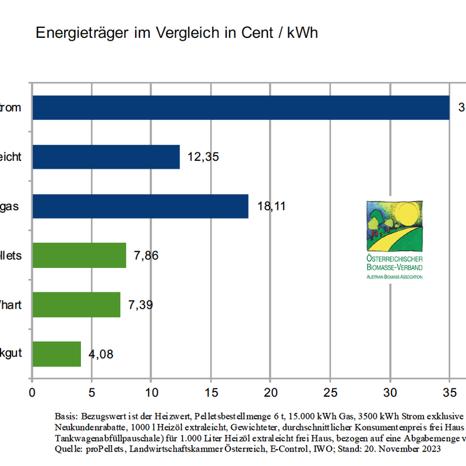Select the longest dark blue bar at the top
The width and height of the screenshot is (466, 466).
tap(241, 107)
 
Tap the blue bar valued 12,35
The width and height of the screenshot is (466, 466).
tap(106, 157)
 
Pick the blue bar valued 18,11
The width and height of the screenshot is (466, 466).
tap(140, 206)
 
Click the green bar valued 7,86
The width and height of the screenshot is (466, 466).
tap(79, 255)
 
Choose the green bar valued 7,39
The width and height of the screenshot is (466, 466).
tap(76, 305)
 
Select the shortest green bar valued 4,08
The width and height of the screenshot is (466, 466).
tap(57, 354)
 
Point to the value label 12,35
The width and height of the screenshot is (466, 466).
tap(203, 157)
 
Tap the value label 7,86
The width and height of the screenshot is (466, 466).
tap(146, 256)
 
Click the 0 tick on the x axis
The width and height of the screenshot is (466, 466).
tap(33, 391)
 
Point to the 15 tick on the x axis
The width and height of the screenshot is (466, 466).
tap(211, 391)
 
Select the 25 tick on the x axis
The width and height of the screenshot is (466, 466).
tap(330, 391)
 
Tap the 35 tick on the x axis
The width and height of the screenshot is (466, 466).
tap(449, 391)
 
